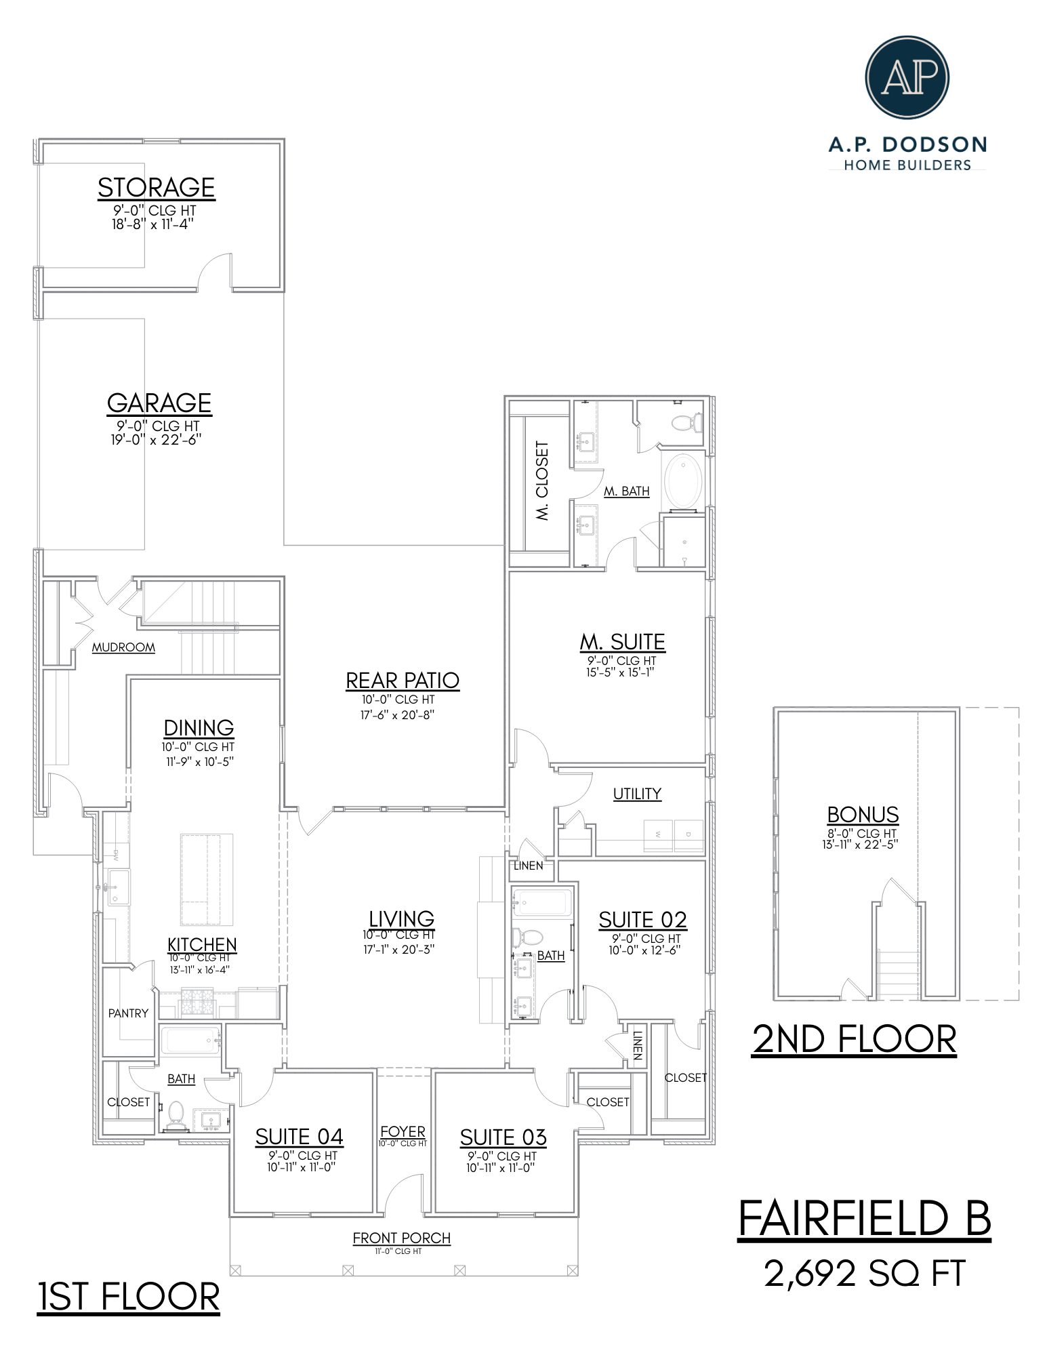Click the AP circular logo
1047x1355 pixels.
point(907,78)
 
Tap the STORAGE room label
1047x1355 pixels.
point(157,188)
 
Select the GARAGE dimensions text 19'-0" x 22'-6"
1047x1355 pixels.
point(157,439)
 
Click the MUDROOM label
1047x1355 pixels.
point(123,647)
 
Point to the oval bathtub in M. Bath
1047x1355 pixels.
point(683,481)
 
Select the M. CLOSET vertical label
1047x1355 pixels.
point(542,481)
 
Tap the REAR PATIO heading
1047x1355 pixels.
point(403,681)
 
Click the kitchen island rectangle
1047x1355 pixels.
point(207,879)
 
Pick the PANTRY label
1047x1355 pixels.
point(128,1013)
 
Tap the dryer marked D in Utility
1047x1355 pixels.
point(689,835)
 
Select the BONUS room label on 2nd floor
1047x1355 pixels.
point(863,815)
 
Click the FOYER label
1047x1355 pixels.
point(403,1132)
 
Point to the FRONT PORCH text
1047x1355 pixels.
point(401,1238)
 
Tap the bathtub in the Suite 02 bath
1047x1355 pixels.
point(542,904)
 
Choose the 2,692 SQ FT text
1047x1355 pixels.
point(864,1274)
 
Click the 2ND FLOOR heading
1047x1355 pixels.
point(854,1039)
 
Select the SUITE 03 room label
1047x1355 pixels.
point(503,1137)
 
